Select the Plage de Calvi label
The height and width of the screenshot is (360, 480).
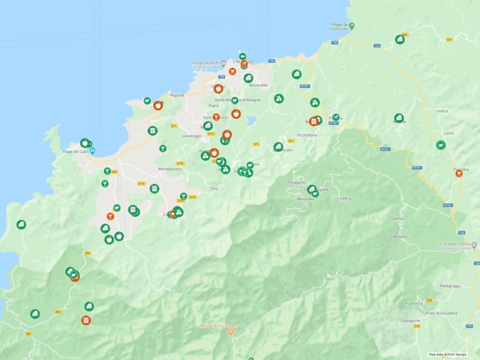point(74,152)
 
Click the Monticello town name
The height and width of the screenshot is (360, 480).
point(257,85)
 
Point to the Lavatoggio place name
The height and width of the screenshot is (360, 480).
point(192,135)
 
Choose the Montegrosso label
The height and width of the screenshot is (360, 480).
point(169,169)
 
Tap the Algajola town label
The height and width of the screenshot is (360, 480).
point(177,95)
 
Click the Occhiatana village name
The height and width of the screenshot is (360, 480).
point(306,134)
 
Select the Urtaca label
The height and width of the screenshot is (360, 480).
point(442,112)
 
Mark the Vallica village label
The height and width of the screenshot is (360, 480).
point(345,198)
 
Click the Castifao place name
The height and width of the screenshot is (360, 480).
point(397,218)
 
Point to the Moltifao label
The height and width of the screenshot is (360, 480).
point(400,236)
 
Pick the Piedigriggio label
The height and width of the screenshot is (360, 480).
point(450,286)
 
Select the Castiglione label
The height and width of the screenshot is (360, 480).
point(410,321)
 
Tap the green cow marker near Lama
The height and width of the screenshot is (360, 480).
point(441,146)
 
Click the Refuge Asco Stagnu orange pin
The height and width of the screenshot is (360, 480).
point(229,333)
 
